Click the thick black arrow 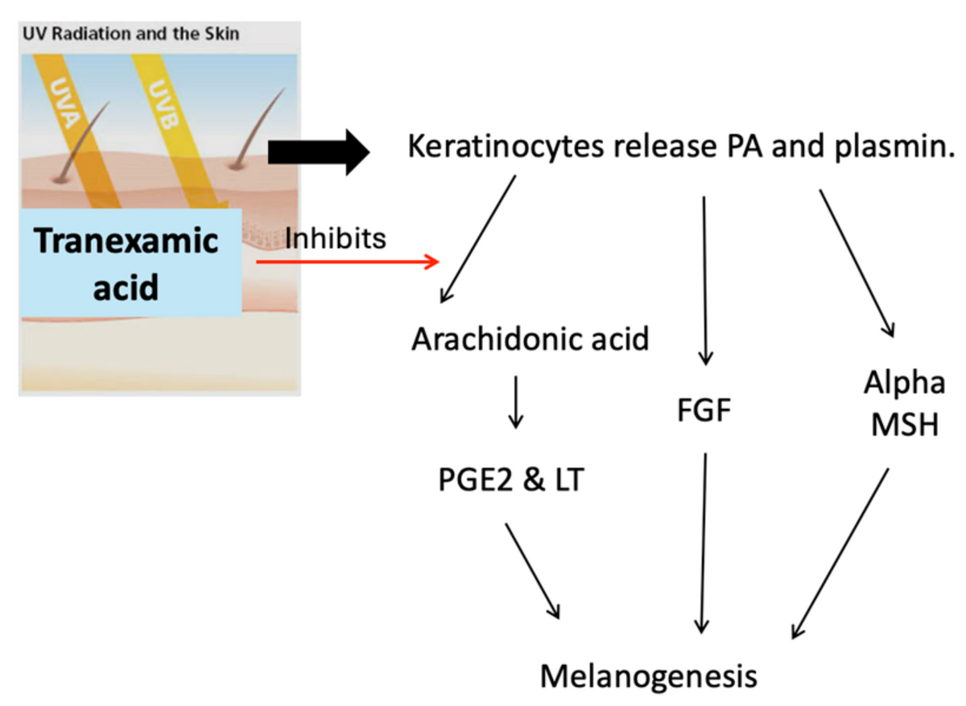[x=319, y=153]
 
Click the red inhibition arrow [x=348, y=262]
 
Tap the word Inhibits [x=336, y=238]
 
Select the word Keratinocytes [x=506, y=147]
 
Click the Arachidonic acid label [x=530, y=340]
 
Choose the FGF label [x=704, y=410]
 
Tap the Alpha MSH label [x=904, y=403]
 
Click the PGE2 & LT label [x=511, y=480]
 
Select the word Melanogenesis [x=649, y=676]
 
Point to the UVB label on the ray [x=163, y=105]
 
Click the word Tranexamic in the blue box [x=126, y=240]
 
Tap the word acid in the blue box [x=126, y=287]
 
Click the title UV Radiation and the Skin [x=130, y=34]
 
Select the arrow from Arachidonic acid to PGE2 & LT [x=516, y=403]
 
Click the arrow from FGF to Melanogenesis [x=704, y=543]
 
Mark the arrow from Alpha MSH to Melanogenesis [x=840, y=553]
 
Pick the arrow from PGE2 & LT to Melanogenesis [x=533, y=572]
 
